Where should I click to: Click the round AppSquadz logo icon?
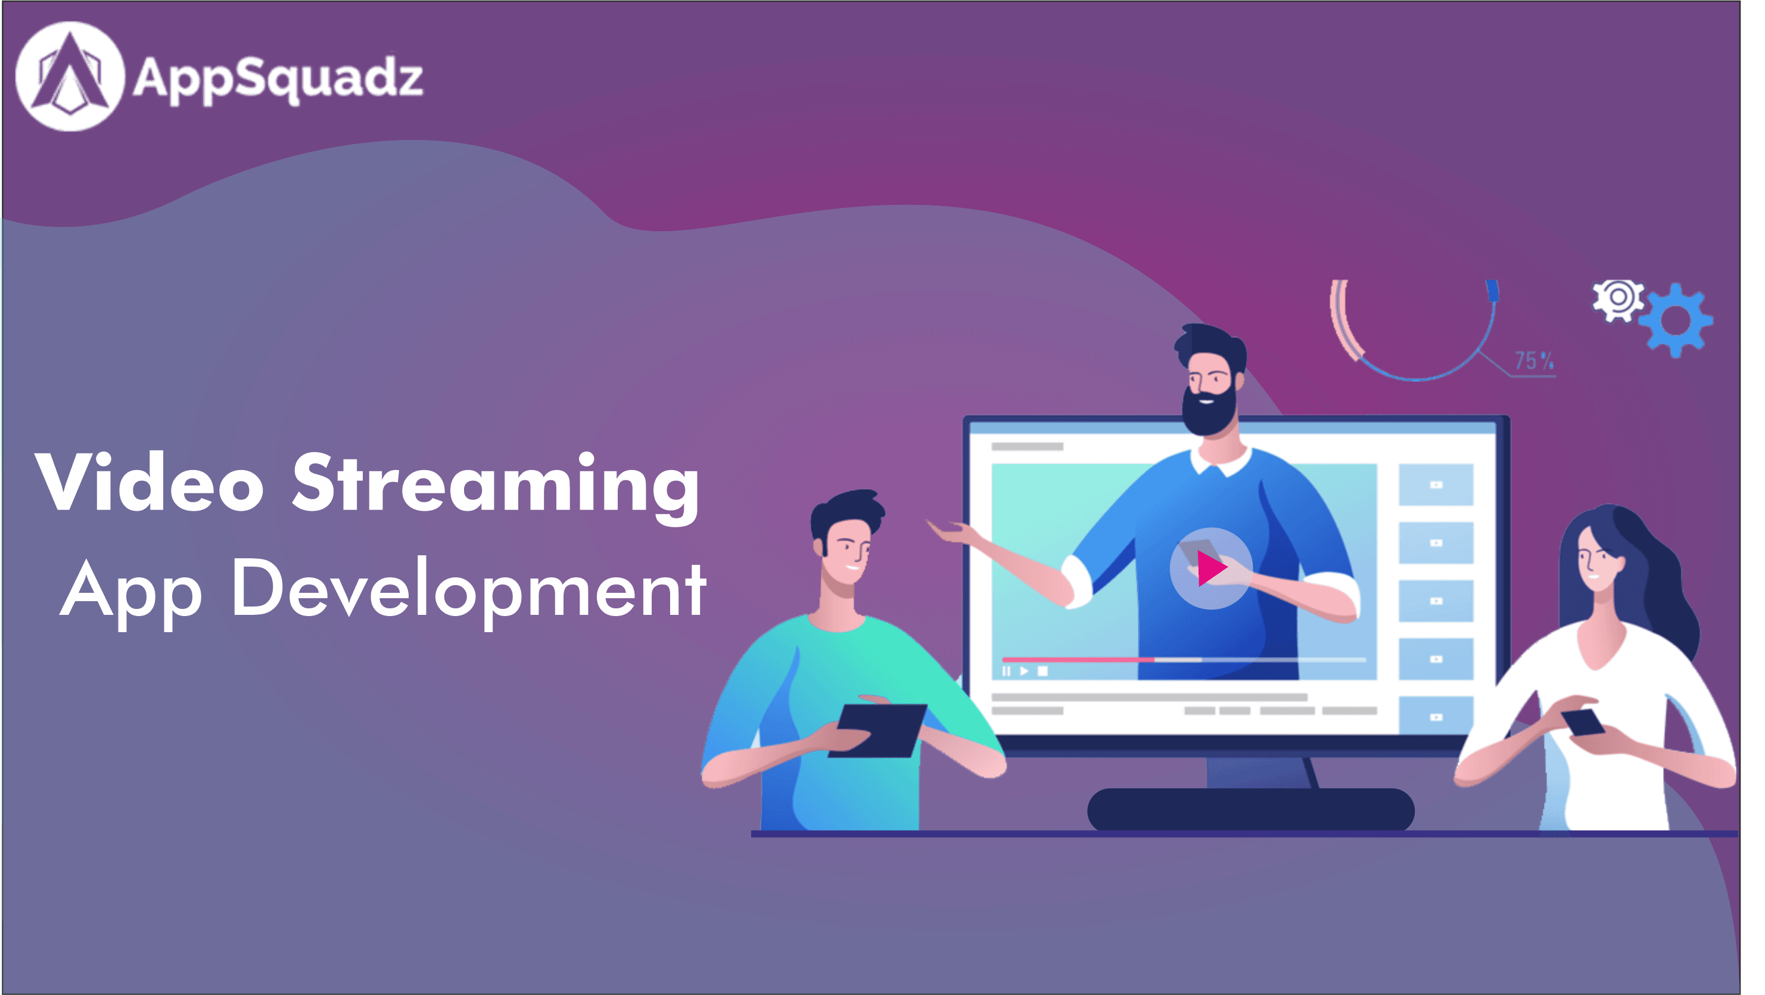click(70, 76)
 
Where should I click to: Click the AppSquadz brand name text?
click(278, 79)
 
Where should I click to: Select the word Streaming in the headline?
click(496, 487)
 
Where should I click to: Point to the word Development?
click(469, 590)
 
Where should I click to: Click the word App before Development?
click(131, 593)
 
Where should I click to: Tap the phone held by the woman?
click(1583, 722)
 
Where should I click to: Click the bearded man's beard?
click(1209, 410)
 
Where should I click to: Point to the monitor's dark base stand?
click(1250, 809)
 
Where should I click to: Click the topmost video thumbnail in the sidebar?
click(1436, 484)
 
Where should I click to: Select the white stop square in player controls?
click(1042, 671)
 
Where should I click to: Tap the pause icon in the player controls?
click(1006, 671)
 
